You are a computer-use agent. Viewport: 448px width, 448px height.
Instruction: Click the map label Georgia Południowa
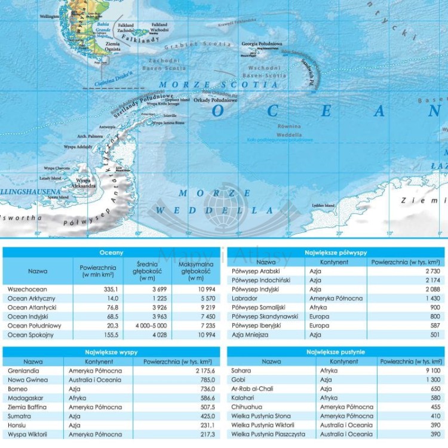(x=262, y=44)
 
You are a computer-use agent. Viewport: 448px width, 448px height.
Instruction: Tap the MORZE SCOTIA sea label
(x=219, y=85)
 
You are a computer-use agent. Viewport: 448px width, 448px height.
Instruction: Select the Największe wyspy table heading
(x=112, y=352)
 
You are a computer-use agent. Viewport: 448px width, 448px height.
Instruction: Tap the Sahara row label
(x=241, y=371)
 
